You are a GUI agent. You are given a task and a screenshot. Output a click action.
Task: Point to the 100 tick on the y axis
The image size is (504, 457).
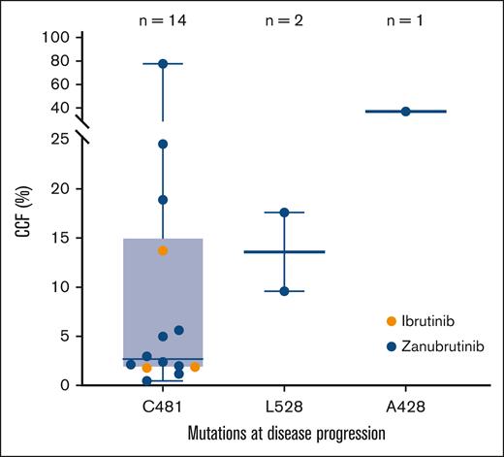pos(56,38)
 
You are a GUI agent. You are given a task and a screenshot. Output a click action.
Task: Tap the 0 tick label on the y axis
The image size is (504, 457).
pos(64,385)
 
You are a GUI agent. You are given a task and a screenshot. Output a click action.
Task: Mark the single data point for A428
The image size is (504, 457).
pos(405,112)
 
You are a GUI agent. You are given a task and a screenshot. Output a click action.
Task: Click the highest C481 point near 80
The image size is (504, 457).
pos(163,64)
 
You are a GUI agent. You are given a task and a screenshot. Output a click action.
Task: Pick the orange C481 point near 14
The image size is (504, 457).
pos(163,250)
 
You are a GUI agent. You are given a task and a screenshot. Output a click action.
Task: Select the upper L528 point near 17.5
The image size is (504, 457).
pos(284,212)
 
